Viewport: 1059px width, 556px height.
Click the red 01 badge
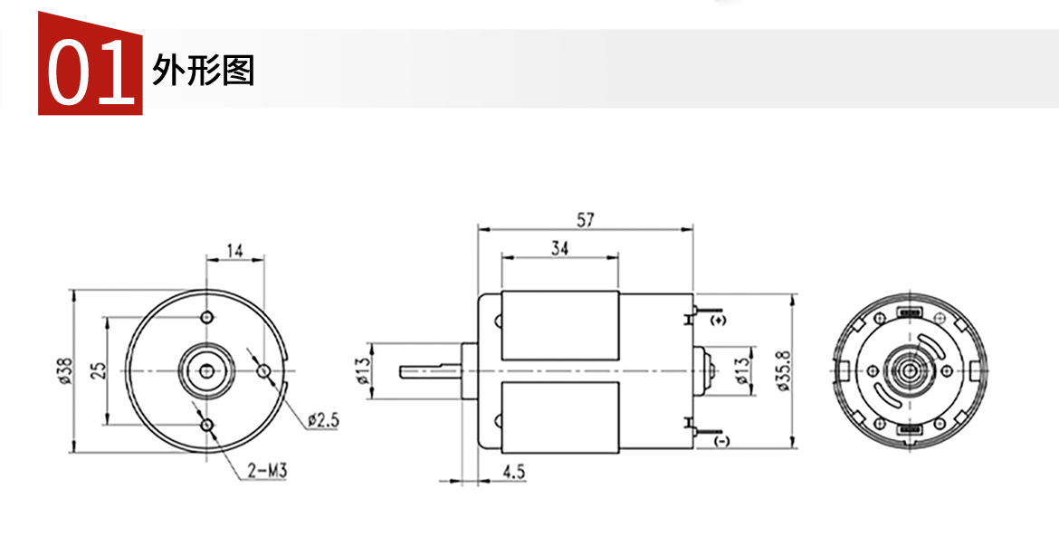pos(91,63)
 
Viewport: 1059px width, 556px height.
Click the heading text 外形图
pos(204,70)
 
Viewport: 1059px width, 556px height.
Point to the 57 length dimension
pos(586,219)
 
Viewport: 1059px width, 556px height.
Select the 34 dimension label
pos(560,249)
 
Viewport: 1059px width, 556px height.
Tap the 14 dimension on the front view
pos(234,252)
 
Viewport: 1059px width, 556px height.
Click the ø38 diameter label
pos(65,371)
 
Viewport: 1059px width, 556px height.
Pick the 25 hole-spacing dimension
pos(99,370)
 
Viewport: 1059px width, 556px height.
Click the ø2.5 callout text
pos(323,420)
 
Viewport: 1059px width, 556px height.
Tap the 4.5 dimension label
pos(514,471)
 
